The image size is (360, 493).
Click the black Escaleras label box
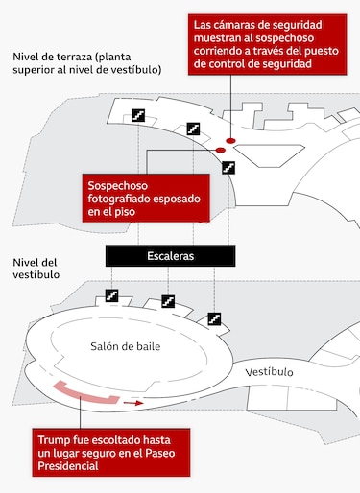170,256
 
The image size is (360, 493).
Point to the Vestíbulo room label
269,371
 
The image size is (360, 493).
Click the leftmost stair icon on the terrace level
138,115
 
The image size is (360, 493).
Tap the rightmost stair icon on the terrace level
228,167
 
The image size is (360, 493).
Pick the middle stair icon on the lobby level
167,301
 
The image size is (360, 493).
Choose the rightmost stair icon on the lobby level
214,317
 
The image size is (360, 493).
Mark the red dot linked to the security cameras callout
231,140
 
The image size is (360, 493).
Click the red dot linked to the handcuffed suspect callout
220,151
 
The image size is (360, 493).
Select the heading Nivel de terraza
60,56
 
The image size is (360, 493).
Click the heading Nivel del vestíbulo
36,268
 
